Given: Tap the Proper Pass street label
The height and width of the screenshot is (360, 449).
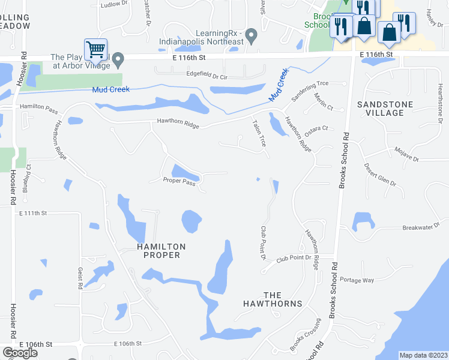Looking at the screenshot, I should click(179, 180).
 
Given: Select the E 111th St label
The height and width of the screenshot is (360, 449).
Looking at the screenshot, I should click(32, 213).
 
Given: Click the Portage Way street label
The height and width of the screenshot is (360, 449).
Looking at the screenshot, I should click(357, 280).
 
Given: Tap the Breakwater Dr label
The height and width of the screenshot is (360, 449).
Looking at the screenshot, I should click(421, 227).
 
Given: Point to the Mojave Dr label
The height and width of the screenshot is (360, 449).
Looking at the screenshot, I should click(406, 154).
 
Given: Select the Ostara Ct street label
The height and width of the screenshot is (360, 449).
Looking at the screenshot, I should click(317, 129).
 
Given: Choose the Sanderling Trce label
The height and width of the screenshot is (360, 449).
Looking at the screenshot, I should click(310, 91).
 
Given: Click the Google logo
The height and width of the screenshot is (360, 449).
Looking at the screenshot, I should click(20, 353).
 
